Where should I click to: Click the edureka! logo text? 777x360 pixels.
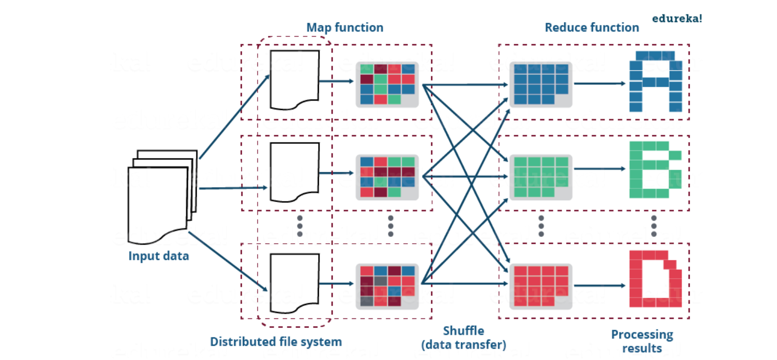point(677,19)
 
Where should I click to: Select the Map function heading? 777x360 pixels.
point(345,27)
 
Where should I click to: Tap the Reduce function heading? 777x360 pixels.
point(592,27)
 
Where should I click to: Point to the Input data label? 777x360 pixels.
point(158,256)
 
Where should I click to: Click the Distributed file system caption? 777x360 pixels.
point(276,342)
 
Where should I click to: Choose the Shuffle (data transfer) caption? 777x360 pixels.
point(464,338)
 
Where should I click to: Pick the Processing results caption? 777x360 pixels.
point(642,341)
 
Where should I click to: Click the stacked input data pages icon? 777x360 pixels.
point(162,196)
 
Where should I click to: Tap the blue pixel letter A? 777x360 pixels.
point(655,81)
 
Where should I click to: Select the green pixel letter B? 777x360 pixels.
point(655,170)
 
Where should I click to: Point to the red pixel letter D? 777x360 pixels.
point(655,279)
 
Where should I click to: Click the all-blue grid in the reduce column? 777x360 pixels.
point(541,84)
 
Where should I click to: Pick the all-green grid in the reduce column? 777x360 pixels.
point(541,177)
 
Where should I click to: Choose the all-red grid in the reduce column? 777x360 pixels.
point(541,286)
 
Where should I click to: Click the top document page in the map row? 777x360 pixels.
point(294,79)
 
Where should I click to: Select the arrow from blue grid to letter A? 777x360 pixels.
point(599,83)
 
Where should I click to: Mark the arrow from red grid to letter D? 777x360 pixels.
point(599,285)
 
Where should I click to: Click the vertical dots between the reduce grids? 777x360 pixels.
point(541,226)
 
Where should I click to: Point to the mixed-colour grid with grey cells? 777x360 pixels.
point(387,286)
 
